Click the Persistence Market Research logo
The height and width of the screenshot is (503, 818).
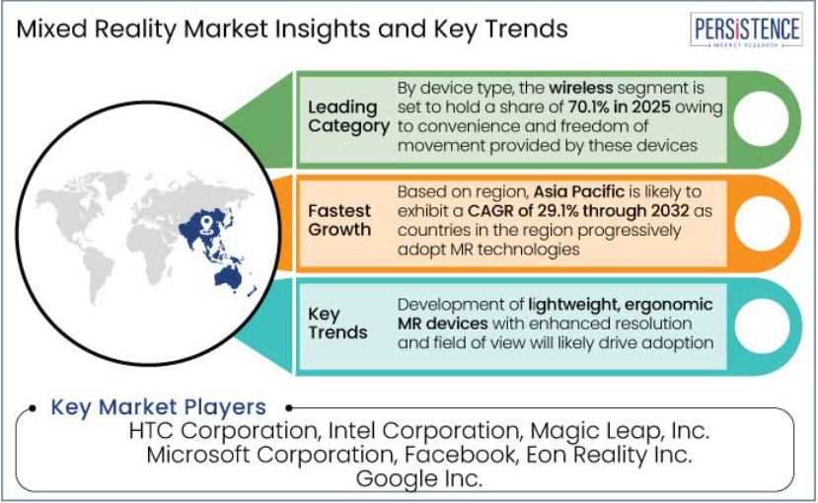coord(746,31)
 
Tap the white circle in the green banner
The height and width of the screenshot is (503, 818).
coord(761,118)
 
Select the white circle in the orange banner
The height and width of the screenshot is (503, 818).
coord(762,223)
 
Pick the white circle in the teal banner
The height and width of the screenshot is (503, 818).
coord(762,325)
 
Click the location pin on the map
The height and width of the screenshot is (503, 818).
coord(206,223)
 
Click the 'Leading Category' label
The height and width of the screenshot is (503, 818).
coord(348,116)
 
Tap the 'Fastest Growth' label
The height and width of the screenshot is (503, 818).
coord(339,220)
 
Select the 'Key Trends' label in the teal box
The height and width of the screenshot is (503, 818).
coord(337,323)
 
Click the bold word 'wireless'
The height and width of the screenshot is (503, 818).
coord(580,88)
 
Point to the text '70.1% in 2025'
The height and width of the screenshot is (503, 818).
coord(620,107)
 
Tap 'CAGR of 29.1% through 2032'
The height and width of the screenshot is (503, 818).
coord(578,211)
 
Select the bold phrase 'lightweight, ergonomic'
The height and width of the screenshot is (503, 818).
coord(621,305)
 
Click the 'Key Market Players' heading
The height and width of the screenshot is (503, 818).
coord(158,407)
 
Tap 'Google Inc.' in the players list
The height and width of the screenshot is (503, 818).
coord(419,478)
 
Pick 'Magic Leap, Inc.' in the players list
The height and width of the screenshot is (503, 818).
coord(620,432)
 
